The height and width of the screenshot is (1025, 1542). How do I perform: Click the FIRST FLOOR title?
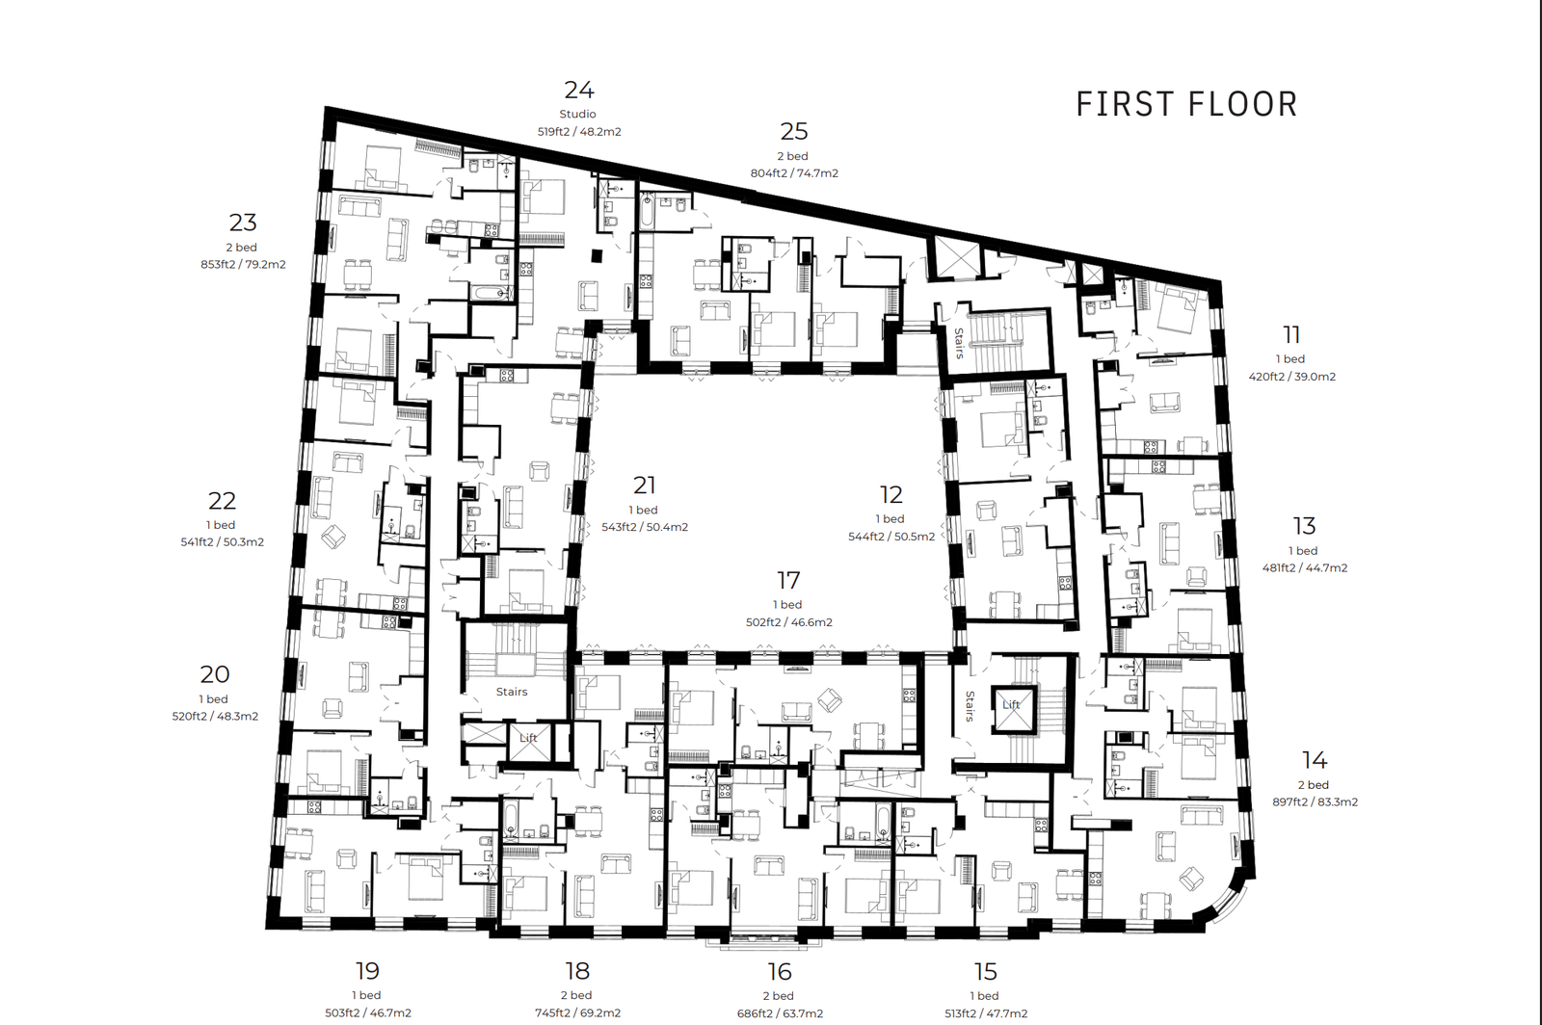point(1186,105)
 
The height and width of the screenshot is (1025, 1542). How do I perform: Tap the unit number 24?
point(579,91)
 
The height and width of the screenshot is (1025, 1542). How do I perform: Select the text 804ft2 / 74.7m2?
point(794,173)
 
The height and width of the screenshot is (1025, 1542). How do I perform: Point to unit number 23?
point(243,223)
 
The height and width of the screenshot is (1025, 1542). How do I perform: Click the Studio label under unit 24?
point(577,115)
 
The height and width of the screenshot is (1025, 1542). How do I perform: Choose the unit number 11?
point(1291,335)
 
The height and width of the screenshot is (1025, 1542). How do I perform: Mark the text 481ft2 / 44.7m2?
point(1305,568)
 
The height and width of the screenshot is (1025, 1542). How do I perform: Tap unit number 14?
point(1315,760)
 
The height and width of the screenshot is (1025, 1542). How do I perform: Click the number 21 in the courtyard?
point(645,486)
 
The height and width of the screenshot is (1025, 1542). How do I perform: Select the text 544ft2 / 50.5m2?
point(891,537)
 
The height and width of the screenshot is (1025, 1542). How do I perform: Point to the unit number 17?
point(788,581)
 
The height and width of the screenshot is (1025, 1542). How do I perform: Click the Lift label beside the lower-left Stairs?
point(528,738)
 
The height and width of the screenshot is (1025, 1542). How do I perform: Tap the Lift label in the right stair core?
point(1011,704)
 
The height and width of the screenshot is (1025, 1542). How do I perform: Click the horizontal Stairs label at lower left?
point(512,692)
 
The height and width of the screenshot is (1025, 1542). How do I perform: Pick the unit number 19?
point(367,971)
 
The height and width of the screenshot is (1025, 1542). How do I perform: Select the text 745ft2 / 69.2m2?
point(577,1013)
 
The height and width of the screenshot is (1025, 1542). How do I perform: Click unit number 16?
point(780,972)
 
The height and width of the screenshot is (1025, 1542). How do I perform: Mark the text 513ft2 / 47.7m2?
point(986,1014)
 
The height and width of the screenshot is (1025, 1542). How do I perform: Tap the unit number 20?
point(215,674)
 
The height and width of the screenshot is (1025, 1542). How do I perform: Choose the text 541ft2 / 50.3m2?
point(223,542)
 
